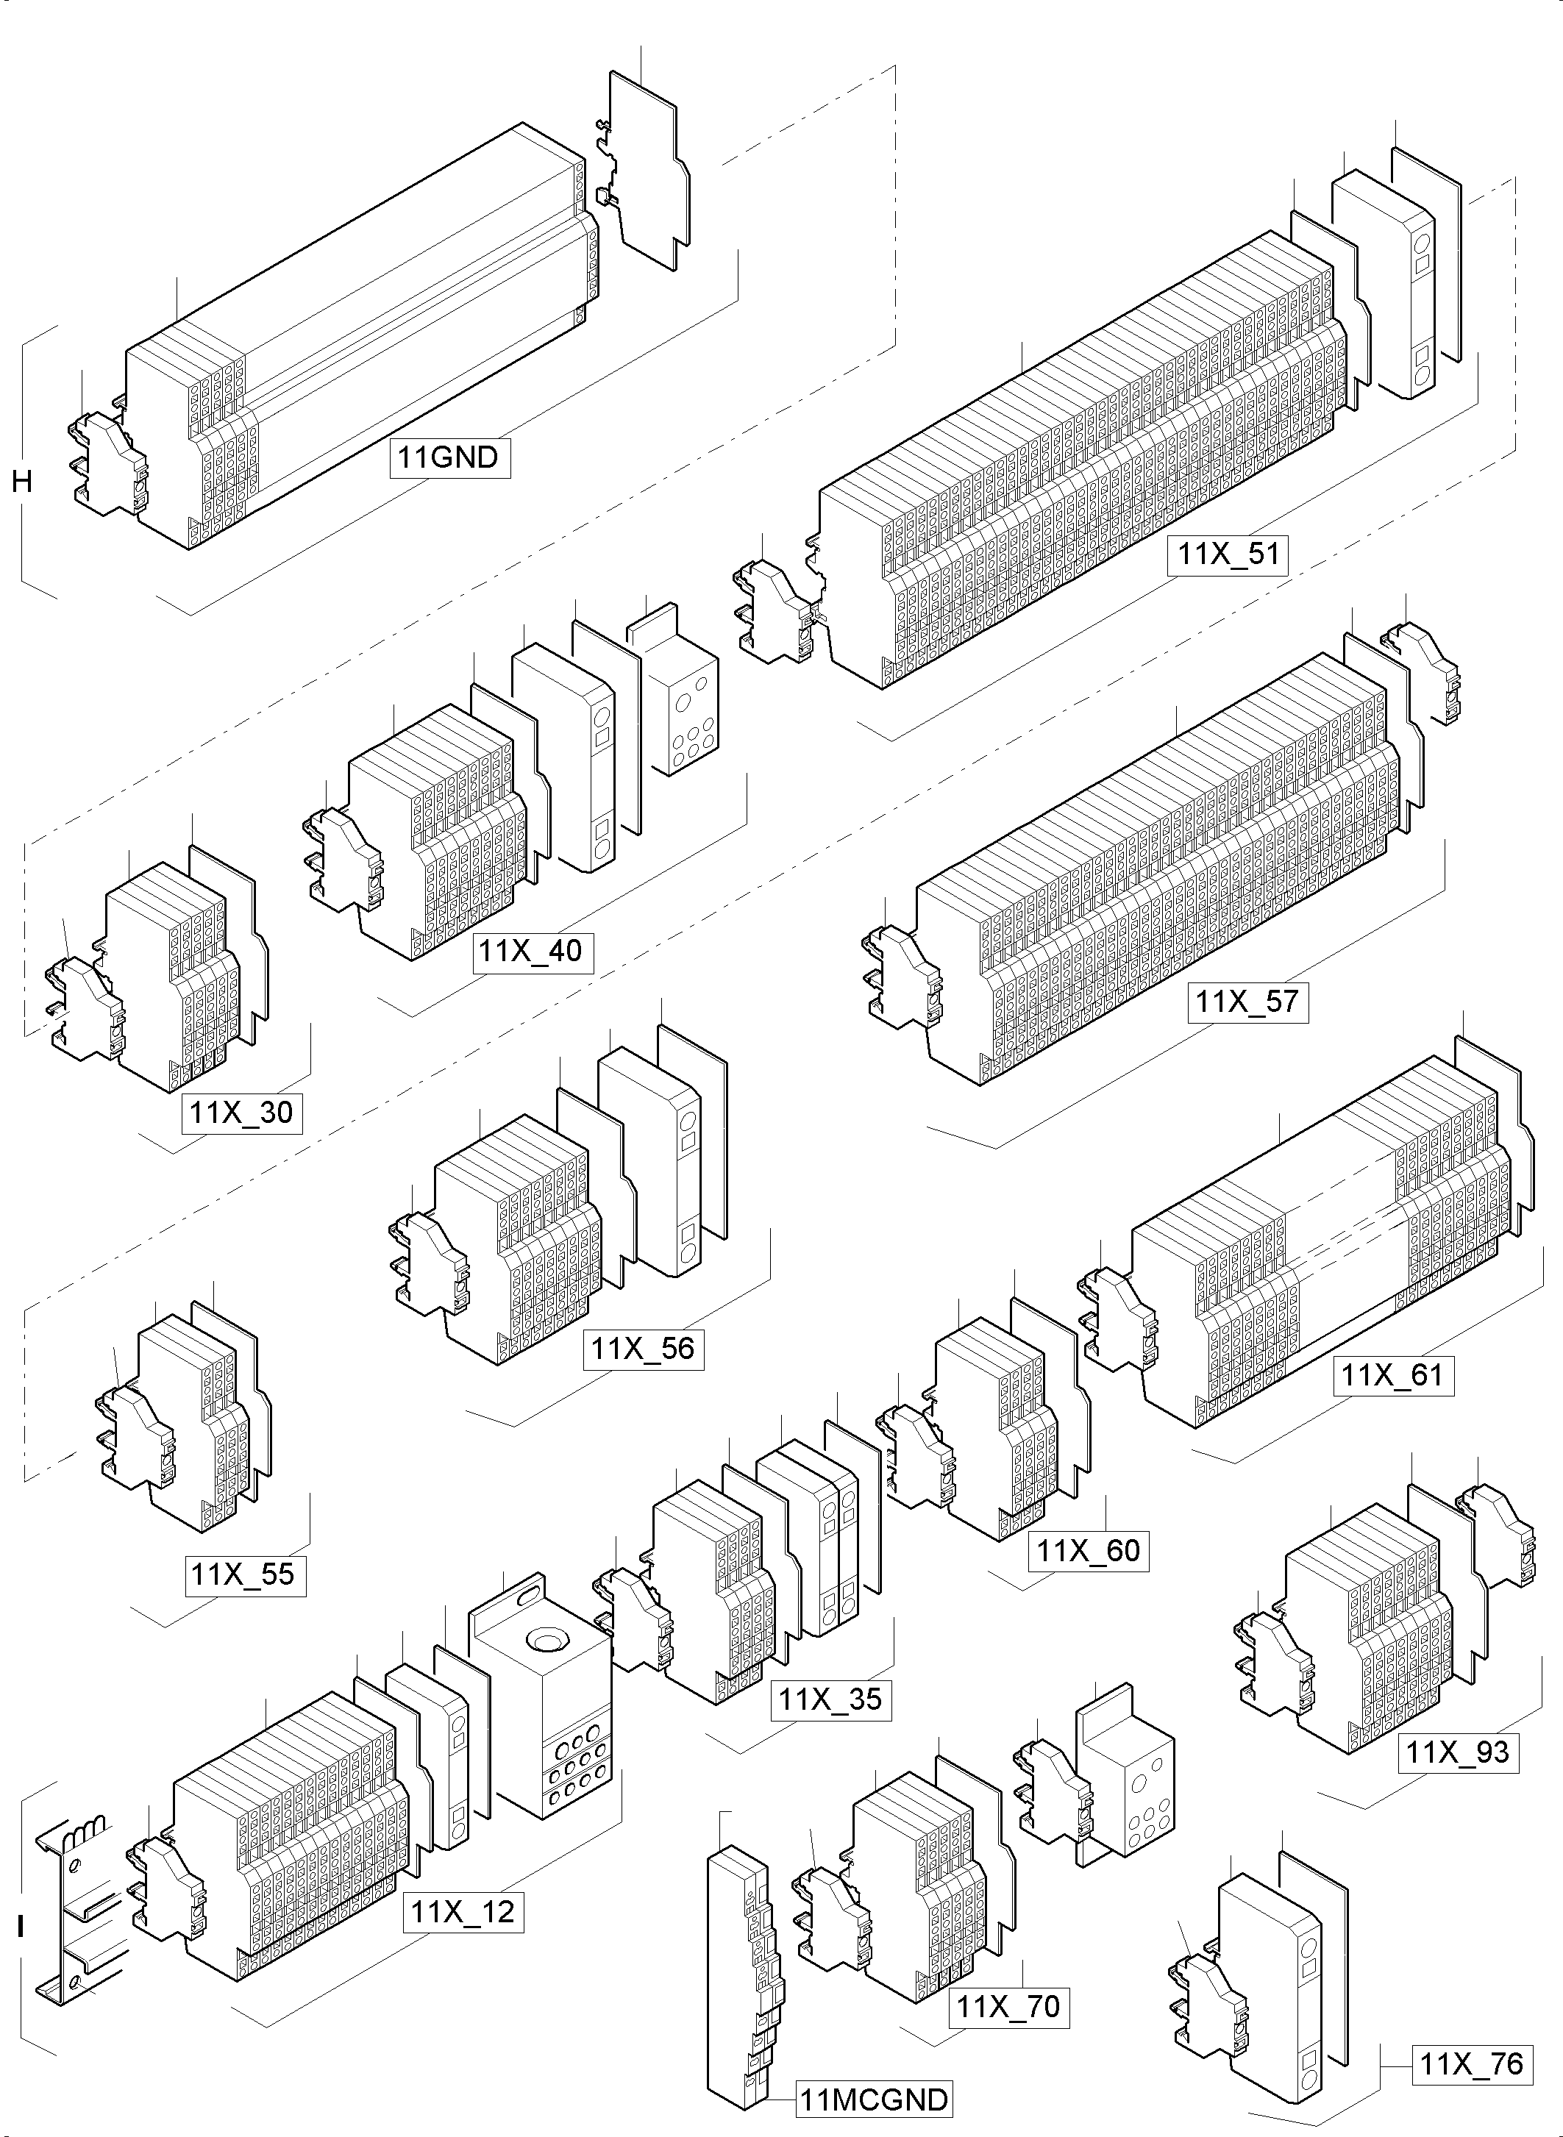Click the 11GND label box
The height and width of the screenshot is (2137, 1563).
coord(449,458)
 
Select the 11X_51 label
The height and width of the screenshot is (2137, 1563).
coord(1228,554)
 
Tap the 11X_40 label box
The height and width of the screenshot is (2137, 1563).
coord(533,951)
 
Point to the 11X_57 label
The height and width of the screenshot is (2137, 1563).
coord(1248,1002)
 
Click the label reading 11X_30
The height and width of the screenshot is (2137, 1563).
coord(242,1113)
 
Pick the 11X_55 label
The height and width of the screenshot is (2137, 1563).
coord(245,1575)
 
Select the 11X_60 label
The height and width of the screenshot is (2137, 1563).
coord(1088,1552)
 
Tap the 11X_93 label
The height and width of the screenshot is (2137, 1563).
coord(1458,1752)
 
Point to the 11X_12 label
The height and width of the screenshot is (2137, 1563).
coord(463,1912)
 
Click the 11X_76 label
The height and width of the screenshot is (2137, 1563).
coord(1473,2064)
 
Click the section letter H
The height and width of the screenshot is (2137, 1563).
coord(22,482)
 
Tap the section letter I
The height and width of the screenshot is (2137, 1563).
coord(21,1927)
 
